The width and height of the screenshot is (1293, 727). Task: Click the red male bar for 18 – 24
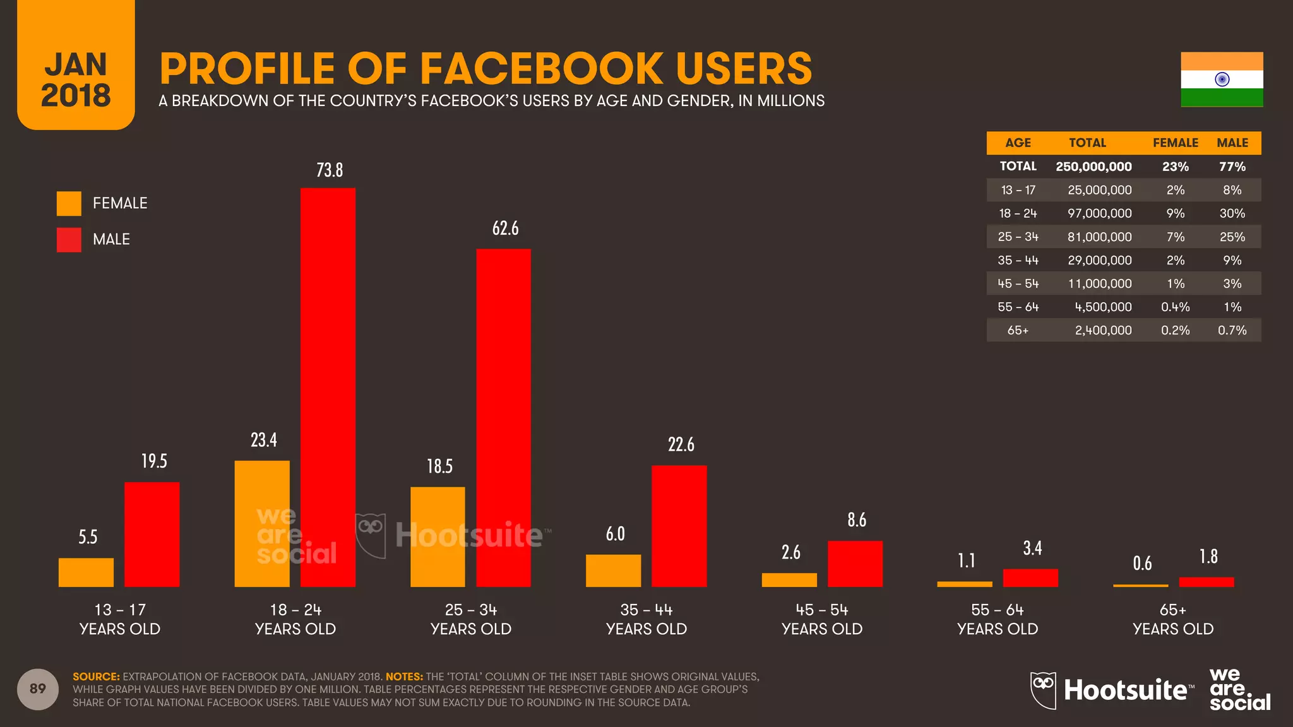pos(328,387)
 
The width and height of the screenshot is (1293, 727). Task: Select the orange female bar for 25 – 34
pos(438,536)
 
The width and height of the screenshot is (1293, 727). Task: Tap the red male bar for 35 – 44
pos(679,526)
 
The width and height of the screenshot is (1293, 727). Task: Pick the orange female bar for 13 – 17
pos(86,572)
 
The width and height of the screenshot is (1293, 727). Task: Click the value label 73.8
pos(330,170)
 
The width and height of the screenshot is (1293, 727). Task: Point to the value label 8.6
pos(857,520)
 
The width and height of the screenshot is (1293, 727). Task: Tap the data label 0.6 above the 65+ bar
pos(1142,563)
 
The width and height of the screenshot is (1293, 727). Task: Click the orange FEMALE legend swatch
pos(69,203)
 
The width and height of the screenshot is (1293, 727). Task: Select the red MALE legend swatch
pos(69,240)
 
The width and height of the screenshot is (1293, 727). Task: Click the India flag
pos(1222,80)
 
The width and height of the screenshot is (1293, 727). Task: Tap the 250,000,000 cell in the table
pos(1093,167)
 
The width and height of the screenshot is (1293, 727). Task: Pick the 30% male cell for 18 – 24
pos(1232,213)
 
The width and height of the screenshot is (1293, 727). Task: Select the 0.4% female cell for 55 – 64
pos(1175,307)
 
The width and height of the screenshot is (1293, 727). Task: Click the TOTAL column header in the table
pos(1087,143)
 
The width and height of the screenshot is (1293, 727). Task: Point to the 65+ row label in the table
pos(1018,331)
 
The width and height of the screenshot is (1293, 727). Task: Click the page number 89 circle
pos(38,689)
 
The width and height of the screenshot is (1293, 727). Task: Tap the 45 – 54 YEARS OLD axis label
pos(822,619)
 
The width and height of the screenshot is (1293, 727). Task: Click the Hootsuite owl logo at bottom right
pos(1043,690)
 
